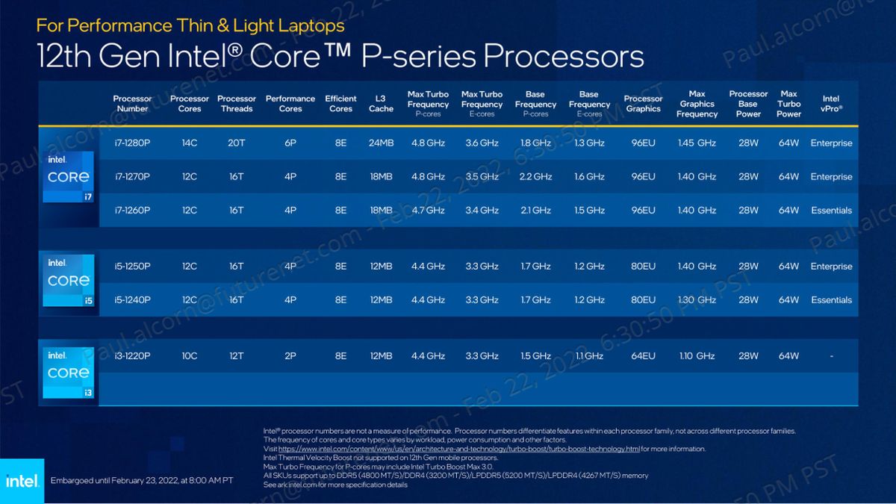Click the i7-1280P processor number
pyautogui.click(x=133, y=143)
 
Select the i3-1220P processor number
pyautogui.click(x=133, y=356)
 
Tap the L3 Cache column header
pyautogui.click(x=381, y=104)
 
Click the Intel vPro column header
pyautogui.click(x=831, y=104)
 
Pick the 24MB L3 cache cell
pyautogui.click(x=381, y=143)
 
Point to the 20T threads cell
pyautogui.click(x=236, y=143)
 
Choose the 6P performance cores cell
pyautogui.click(x=290, y=143)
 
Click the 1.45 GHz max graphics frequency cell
pyautogui.click(x=697, y=143)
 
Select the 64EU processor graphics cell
pyautogui.click(x=643, y=356)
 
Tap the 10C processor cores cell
pyautogui.click(x=190, y=356)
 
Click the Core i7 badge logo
pyautogui.click(x=69, y=176)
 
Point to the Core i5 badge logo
pyautogui.click(x=69, y=280)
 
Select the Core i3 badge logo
pyautogui.click(x=69, y=372)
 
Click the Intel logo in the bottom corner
pyautogui.click(x=22, y=480)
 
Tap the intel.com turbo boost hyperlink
pyautogui.click(x=459, y=449)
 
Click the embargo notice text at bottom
pyautogui.click(x=142, y=480)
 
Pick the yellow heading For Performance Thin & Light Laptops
pyautogui.click(x=190, y=25)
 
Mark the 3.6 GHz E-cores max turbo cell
pyautogui.click(x=482, y=143)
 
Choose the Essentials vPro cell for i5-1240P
pyautogui.click(x=831, y=300)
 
